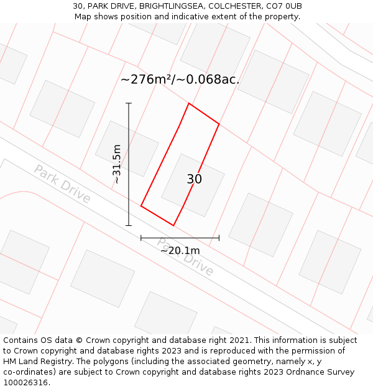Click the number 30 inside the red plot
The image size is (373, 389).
pos(194,179)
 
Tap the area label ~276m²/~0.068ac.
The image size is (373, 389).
pos(180,79)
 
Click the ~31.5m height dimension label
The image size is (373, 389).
pos(117,164)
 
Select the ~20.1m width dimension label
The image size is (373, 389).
pos(180,250)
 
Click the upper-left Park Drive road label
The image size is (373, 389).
pos(62,184)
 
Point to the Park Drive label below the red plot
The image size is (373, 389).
pos(185,257)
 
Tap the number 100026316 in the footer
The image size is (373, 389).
pos(25,383)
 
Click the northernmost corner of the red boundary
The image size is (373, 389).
pos(189,103)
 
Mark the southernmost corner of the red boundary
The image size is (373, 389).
pos(173,225)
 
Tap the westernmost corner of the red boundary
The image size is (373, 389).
pos(141,205)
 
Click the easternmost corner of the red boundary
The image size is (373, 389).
pos(219,124)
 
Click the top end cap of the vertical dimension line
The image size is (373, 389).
pos(129,103)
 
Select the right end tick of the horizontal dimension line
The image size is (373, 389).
pos(219,238)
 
